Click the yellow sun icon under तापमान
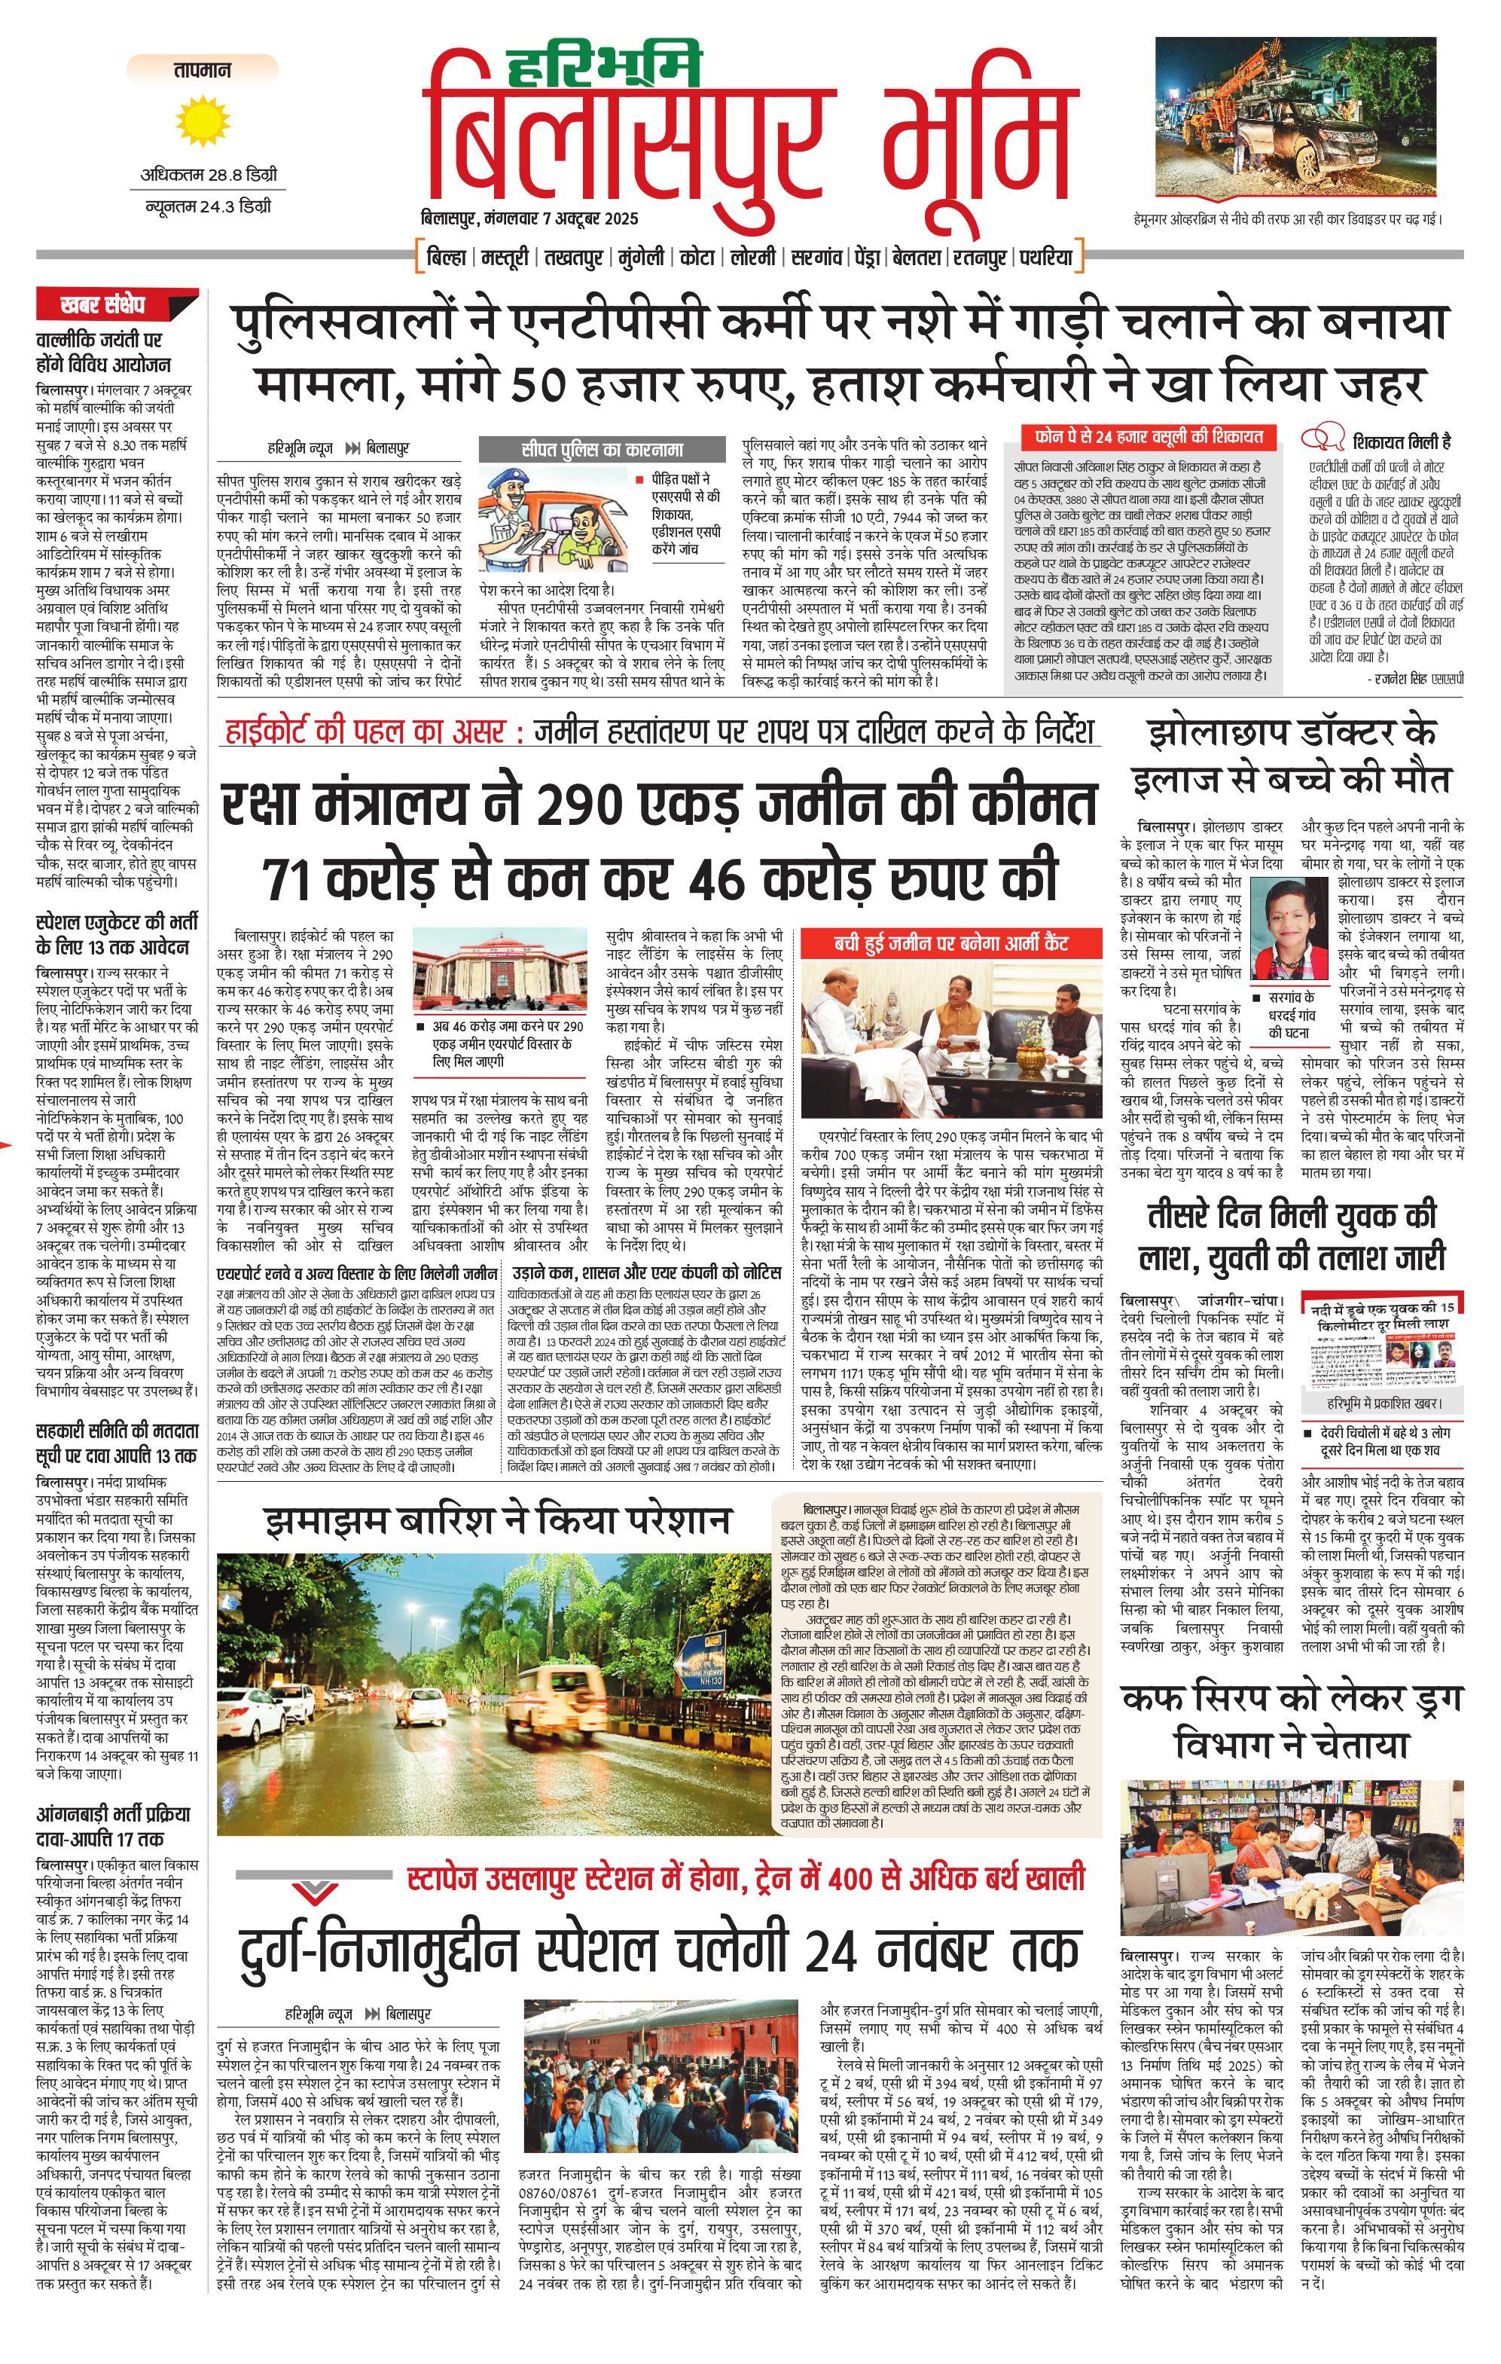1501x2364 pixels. click(201, 120)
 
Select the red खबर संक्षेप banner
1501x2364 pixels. click(117, 304)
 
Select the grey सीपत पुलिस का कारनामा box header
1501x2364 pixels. click(602, 450)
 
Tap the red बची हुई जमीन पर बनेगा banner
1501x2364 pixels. click(950, 943)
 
